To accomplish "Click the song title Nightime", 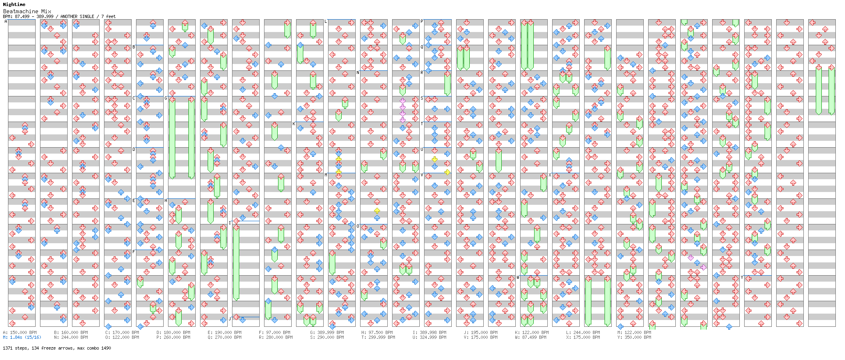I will pos(14,4).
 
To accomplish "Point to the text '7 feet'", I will pos(108,16).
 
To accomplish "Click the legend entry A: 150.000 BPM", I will pos(20,332).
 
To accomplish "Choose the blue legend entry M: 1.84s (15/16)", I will pos(22,337).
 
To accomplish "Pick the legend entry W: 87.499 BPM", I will pos(532,337).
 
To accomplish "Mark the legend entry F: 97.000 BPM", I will pos(276,332).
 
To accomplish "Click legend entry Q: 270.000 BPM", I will pos(224,337).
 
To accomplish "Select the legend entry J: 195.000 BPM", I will pos(481,332).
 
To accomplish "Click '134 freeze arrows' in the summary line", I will pos(54,348).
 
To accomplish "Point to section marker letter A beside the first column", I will pos(6,22).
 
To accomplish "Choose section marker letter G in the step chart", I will pos(166,98).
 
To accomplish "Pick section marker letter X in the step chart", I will pos(550,175).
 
